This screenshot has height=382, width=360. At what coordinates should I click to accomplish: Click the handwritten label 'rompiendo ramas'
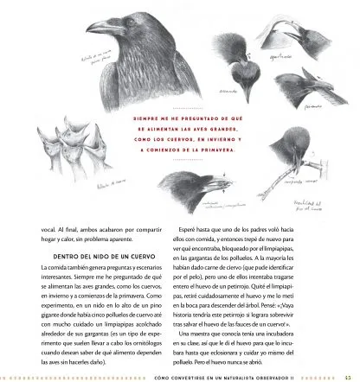point(267,181)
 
